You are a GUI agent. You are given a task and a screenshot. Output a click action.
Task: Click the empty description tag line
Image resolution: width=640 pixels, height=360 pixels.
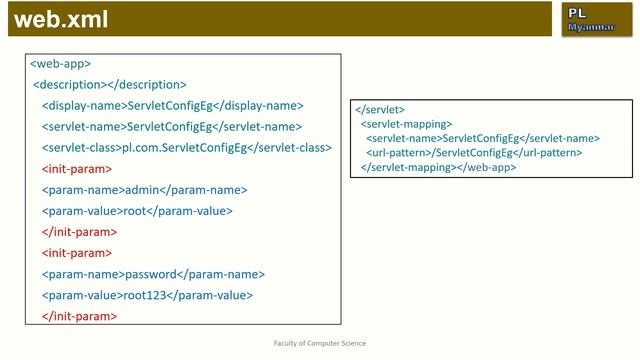point(110,85)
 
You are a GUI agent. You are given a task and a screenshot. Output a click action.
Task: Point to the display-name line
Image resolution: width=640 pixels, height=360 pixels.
point(172,106)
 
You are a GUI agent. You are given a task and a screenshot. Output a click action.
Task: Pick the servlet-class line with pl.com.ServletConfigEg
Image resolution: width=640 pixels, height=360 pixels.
point(186,148)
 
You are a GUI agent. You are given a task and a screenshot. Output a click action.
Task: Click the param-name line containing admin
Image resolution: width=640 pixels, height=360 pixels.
point(144,190)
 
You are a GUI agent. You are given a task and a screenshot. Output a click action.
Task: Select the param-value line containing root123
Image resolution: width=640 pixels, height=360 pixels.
point(147,295)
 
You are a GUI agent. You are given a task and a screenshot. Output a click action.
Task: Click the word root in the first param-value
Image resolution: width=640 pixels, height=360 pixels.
point(135,211)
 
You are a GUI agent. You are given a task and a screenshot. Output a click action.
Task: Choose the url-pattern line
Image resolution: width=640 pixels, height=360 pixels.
point(474,153)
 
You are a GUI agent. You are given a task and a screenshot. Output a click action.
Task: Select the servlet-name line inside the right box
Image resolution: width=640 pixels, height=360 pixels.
point(483,138)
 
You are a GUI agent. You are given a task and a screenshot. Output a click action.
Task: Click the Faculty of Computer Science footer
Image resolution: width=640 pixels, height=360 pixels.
point(320,343)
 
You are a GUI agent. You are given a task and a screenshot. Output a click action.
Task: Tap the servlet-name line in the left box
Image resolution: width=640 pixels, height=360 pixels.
point(171,127)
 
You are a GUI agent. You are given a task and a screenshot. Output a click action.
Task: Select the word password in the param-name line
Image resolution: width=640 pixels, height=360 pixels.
point(150,274)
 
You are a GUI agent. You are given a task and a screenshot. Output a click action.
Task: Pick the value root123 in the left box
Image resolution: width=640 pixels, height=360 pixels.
point(141,295)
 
